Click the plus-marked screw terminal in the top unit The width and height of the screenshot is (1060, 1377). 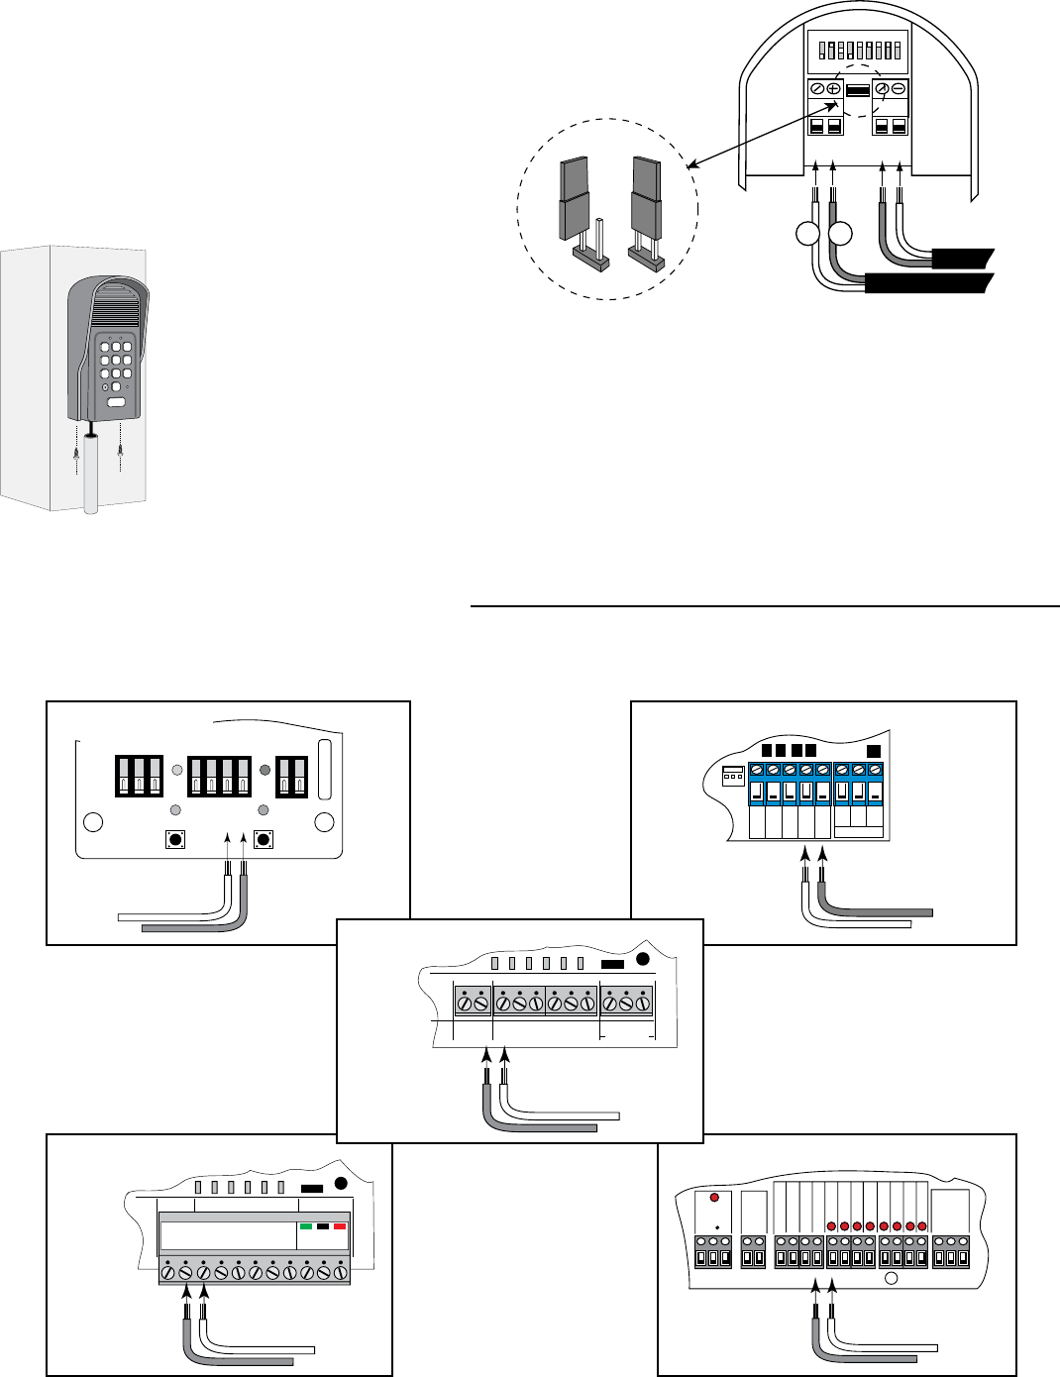tap(833, 89)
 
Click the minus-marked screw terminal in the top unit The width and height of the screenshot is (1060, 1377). tap(899, 89)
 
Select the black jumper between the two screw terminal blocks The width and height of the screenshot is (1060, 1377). tap(858, 90)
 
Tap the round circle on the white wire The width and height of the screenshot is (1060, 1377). tap(808, 235)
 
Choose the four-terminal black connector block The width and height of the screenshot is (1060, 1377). tap(219, 777)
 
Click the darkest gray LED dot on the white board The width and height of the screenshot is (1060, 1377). tap(265, 770)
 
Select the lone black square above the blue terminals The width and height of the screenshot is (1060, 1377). tap(874, 751)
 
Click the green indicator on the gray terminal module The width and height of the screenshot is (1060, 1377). tap(306, 1226)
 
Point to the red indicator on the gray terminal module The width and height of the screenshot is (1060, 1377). tap(340, 1226)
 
